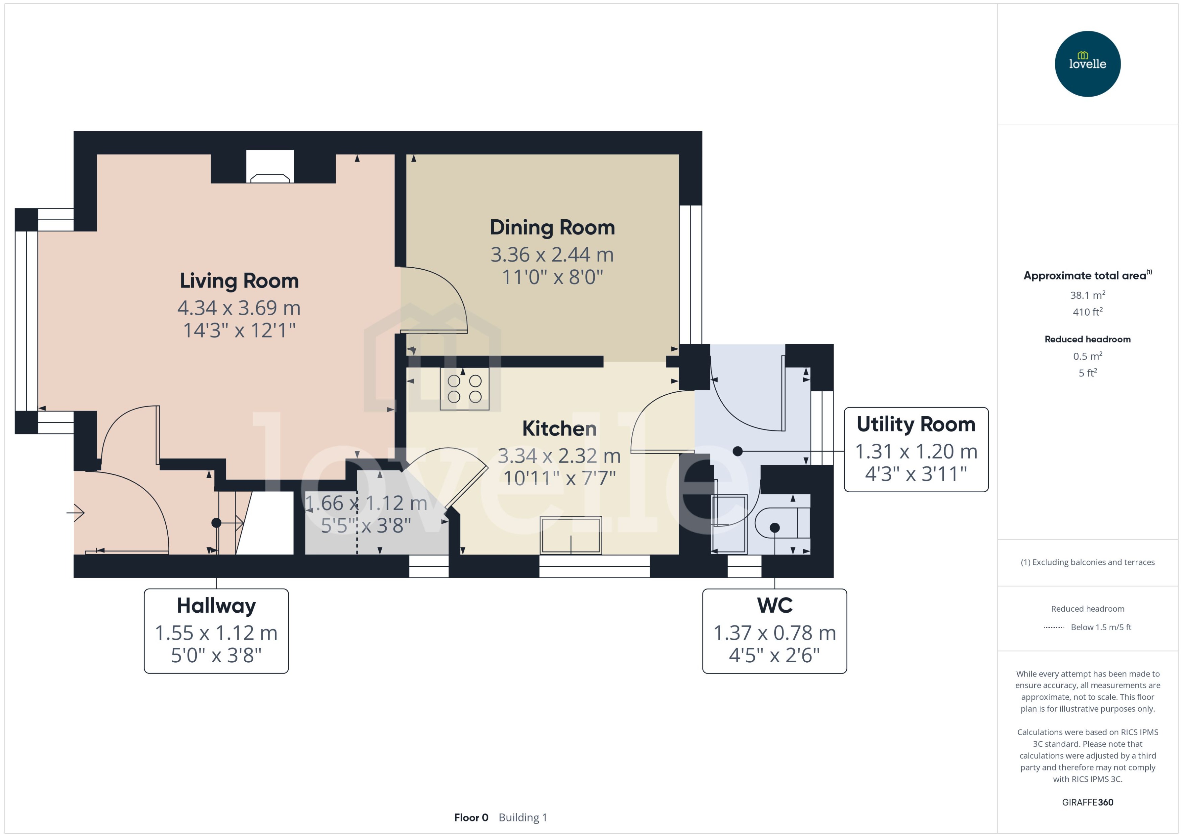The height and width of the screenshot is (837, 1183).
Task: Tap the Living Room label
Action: [239, 281]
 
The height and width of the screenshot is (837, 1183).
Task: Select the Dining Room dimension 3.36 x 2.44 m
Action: [552, 254]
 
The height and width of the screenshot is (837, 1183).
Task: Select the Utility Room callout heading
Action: [915, 424]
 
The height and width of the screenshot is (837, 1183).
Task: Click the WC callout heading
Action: [774, 605]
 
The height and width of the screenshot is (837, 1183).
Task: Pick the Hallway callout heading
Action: [216, 605]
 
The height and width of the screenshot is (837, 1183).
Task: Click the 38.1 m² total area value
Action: [1087, 295]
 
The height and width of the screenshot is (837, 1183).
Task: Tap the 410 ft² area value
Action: [1087, 312]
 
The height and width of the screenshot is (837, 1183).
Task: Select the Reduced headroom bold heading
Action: [1087, 339]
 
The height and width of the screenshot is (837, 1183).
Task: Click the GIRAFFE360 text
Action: [1087, 802]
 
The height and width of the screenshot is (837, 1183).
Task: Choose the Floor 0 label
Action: [470, 817]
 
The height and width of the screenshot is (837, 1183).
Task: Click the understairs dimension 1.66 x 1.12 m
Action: [366, 503]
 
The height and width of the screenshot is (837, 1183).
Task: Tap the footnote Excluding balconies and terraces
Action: [1087, 562]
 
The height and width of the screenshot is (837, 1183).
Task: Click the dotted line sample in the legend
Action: [1054, 627]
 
